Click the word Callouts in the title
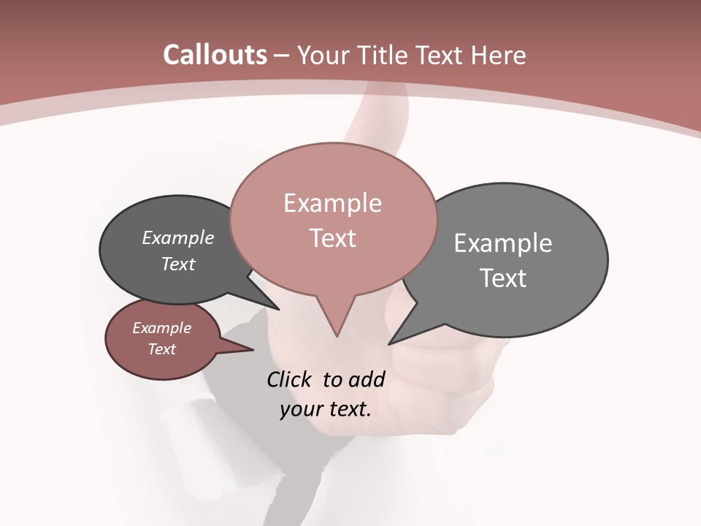(x=215, y=55)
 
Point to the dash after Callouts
(x=282, y=56)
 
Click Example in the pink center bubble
(x=332, y=203)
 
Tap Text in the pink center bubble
(x=332, y=238)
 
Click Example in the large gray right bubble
(x=503, y=243)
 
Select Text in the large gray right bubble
(x=503, y=278)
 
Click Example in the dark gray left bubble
(x=177, y=238)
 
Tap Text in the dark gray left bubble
(x=177, y=264)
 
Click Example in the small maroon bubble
(x=161, y=328)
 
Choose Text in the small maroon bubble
(x=161, y=349)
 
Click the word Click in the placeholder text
(x=288, y=379)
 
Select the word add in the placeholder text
(x=366, y=379)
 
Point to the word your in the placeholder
(x=300, y=409)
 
